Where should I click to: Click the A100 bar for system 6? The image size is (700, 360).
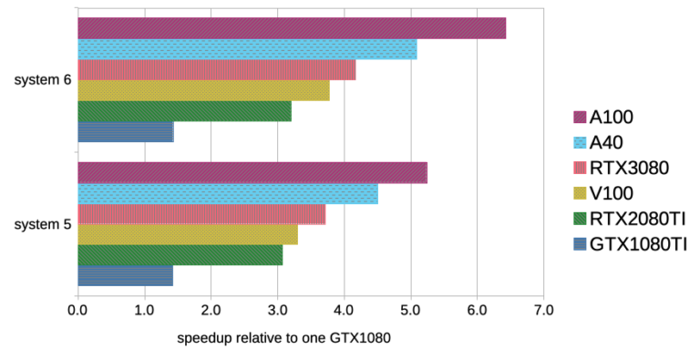(292, 28)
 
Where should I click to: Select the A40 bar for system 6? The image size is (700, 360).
(247, 49)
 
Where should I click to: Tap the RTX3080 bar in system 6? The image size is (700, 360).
(216, 70)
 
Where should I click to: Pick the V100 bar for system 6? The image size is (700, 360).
(203, 90)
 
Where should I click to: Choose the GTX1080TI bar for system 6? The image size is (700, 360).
(125, 132)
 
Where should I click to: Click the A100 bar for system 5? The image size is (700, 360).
(252, 173)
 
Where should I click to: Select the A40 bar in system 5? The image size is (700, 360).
(228, 193)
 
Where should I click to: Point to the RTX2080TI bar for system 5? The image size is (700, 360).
(180, 255)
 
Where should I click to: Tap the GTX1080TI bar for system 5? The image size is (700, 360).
(125, 275)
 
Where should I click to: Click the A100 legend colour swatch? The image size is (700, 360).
(579, 117)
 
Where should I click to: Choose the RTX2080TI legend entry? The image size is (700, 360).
(628, 219)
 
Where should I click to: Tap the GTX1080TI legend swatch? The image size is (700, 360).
(579, 244)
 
